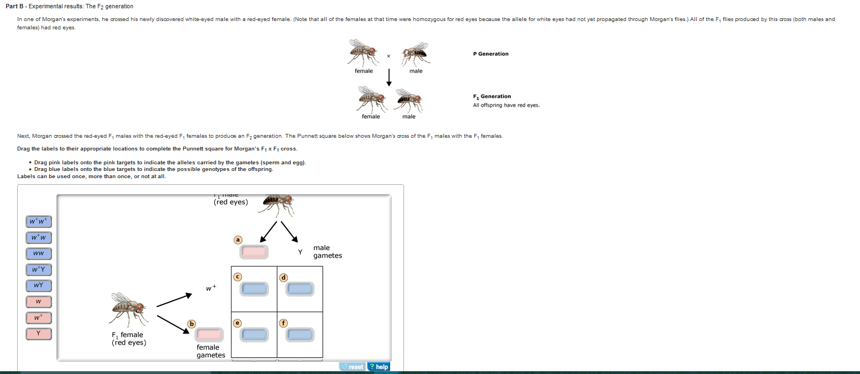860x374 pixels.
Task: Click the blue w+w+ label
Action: tap(38, 222)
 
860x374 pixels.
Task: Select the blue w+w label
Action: tap(38, 238)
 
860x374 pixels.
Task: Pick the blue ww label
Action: tap(38, 254)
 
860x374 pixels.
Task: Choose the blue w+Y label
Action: tap(38, 270)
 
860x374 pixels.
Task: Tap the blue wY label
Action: tap(38, 286)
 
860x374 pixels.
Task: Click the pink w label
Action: tap(38, 302)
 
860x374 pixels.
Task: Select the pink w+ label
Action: tap(38, 318)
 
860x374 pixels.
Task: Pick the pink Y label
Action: tap(38, 334)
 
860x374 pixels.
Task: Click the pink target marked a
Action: tap(254, 252)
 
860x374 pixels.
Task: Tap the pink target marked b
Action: tap(209, 335)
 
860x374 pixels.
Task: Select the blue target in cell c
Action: tap(254, 289)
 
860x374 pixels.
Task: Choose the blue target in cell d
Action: tap(300, 289)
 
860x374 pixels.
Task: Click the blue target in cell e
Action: tap(254, 335)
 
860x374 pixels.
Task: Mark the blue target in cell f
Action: tap(300, 335)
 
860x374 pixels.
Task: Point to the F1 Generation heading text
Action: tap(492, 96)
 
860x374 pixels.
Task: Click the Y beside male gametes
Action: tap(300, 252)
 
